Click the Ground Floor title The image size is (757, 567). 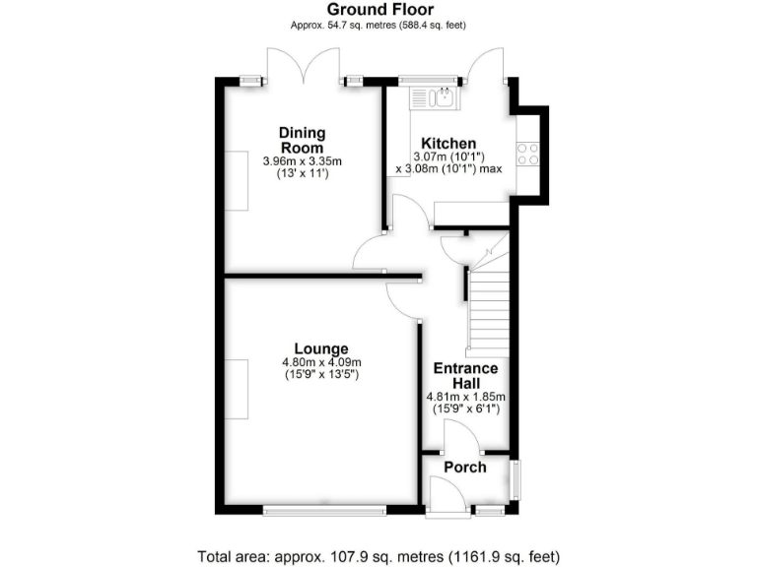coord(378,10)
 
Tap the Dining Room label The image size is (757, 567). coord(302,141)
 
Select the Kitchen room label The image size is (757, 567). coord(448,144)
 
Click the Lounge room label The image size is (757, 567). coord(321,348)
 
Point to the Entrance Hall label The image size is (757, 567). coord(465,375)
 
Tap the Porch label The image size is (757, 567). coord(464,467)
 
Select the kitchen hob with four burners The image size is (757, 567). coord(527,154)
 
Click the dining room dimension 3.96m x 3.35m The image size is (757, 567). coord(302,161)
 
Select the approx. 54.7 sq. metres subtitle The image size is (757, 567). coord(378,26)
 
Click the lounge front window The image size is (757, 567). coord(325,510)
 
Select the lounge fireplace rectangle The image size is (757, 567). coord(237,389)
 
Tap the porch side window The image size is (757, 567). coord(516,480)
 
